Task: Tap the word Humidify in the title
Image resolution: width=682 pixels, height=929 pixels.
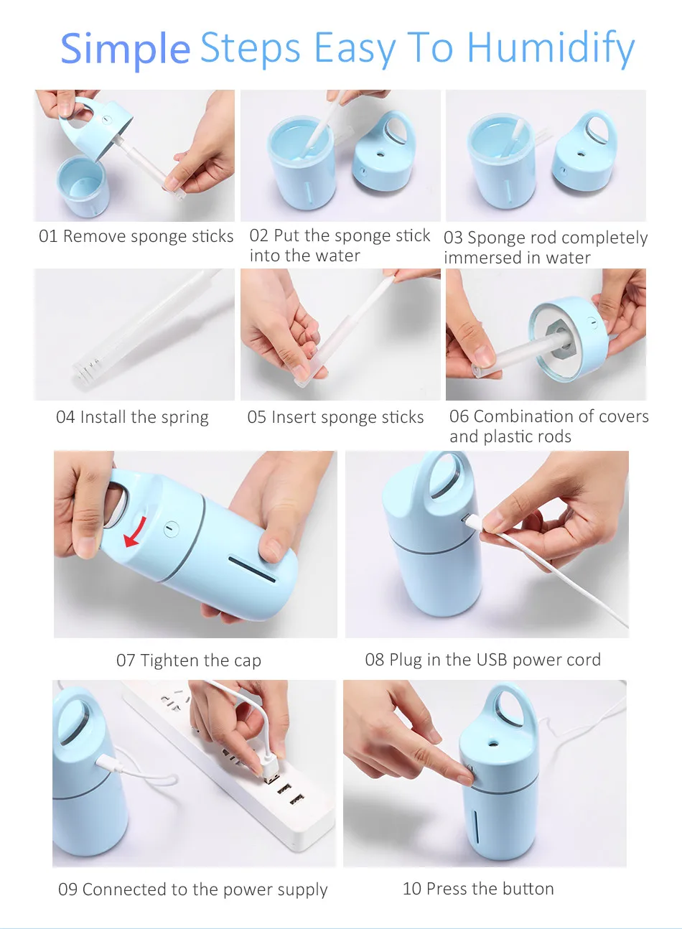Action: click(x=551, y=49)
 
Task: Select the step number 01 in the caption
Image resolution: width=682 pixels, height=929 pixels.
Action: click(x=47, y=236)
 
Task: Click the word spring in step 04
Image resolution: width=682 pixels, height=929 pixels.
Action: click(x=185, y=418)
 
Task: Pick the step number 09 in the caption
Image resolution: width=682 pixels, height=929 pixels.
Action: click(x=67, y=890)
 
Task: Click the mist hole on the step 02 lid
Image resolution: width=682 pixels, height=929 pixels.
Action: click(x=380, y=154)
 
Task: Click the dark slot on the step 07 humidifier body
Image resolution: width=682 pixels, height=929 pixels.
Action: click(x=252, y=569)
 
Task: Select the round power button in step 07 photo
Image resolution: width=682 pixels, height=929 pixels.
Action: click(x=171, y=529)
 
